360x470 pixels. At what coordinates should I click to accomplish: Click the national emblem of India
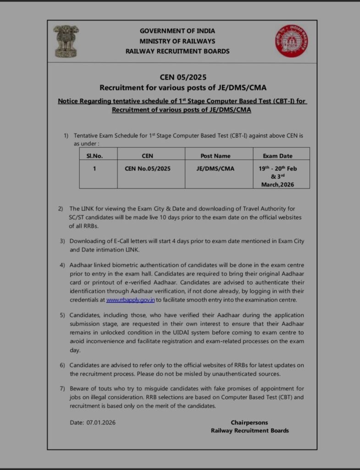66,41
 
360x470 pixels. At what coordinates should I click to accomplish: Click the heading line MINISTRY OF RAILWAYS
177,41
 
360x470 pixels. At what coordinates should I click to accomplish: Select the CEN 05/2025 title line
180,77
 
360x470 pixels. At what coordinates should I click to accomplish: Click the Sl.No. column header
94,156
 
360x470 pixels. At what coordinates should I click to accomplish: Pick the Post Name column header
216,156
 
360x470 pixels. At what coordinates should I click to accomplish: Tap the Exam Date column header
277,156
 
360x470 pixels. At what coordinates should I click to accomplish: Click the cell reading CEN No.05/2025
148,168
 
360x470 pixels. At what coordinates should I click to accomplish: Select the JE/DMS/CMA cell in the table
216,168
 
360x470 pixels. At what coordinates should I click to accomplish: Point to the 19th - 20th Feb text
277,168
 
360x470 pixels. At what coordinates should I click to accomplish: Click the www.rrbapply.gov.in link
130,300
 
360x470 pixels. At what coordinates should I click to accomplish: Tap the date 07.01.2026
101,422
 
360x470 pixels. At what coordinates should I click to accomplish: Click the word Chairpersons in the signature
249,422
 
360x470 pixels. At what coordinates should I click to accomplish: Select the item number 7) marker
62,389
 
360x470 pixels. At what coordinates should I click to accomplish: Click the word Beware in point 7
79,389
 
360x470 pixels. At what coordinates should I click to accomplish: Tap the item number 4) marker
62,265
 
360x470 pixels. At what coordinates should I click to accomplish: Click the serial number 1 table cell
94,168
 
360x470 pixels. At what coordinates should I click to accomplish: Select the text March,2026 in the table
277,185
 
